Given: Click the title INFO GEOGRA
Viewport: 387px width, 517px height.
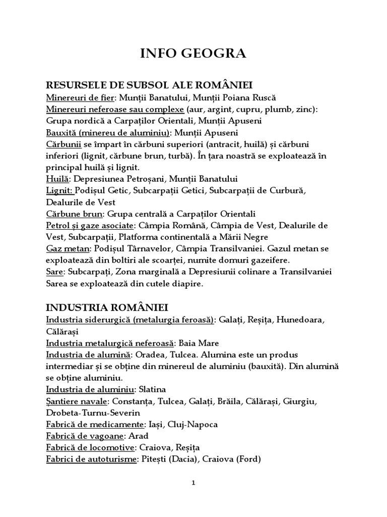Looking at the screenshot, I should [x=193, y=54].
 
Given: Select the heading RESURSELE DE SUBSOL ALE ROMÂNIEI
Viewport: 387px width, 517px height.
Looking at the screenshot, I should [x=149, y=84].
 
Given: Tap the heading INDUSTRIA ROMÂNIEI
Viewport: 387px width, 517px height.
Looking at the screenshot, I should [x=107, y=307].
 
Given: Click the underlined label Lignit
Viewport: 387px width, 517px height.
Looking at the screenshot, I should [x=59, y=190].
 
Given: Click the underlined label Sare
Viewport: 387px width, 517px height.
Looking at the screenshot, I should [x=54, y=272].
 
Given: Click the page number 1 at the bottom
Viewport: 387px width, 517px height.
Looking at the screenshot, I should [x=193, y=483].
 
